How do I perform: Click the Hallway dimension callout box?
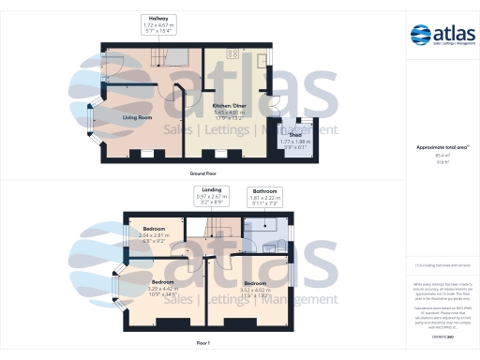[x=157, y=23]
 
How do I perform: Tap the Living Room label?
[x=139, y=118]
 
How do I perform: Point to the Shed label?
[x=294, y=137]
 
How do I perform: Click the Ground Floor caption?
[x=203, y=174]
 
